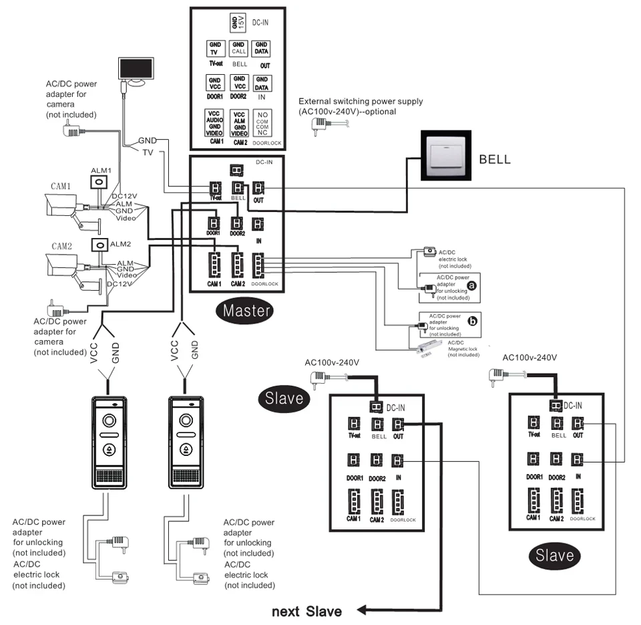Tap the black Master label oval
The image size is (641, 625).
pos(247,310)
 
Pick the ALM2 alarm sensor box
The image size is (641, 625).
pos(99,245)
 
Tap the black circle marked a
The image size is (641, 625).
pos(473,285)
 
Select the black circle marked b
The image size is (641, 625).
pos(473,322)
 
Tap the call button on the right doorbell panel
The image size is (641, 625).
pos(185,449)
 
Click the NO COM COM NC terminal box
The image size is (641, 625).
pos(262,124)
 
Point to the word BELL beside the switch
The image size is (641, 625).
pos(495,160)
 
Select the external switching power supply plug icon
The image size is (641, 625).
pos(321,125)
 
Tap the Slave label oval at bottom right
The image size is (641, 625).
pos(555,555)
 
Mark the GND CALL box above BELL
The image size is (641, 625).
pos(239,48)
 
